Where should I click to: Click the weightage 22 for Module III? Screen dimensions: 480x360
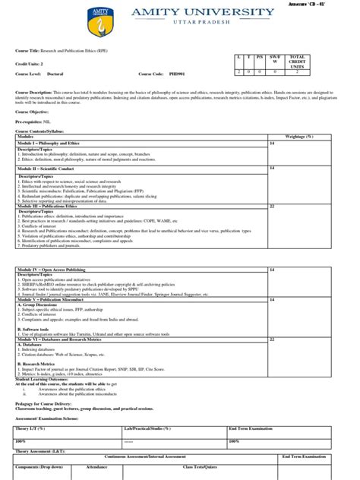[x=272, y=206]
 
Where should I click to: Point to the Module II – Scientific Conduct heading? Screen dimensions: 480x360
[x=47, y=168]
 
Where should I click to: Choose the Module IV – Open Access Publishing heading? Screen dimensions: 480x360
[x=52, y=270]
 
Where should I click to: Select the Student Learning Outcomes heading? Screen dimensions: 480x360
[x=49, y=379]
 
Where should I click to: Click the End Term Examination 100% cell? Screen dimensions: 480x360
[x=235, y=441]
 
